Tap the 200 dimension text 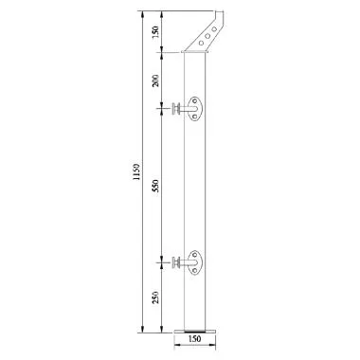[x=154, y=80]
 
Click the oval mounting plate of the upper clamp [x=194, y=111]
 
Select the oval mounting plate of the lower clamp [x=194, y=261]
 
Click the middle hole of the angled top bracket [x=209, y=35]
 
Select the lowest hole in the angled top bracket [x=202, y=43]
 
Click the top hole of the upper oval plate [x=194, y=101]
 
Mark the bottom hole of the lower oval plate [x=194, y=271]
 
